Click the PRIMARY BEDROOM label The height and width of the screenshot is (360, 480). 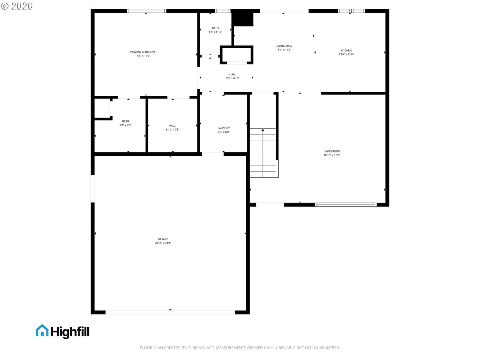click(x=142, y=52)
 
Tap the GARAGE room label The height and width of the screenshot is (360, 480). click(x=163, y=239)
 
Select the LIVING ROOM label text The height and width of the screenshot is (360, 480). click(x=332, y=151)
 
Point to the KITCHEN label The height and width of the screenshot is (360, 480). click(x=346, y=50)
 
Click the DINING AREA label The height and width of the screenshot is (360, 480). click(x=283, y=46)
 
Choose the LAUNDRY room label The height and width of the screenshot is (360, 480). click(x=223, y=128)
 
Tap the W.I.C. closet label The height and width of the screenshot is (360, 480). click(x=172, y=126)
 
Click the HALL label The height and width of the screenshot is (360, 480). click(x=232, y=74)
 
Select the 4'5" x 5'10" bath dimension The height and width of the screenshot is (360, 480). click(x=215, y=32)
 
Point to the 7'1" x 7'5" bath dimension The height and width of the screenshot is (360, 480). click(x=125, y=125)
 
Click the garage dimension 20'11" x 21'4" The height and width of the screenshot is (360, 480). click(x=163, y=243)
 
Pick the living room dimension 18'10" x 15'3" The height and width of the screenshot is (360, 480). click(x=332, y=155)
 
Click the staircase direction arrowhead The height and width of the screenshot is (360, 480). click(x=262, y=130)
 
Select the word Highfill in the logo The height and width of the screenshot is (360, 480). click(x=70, y=332)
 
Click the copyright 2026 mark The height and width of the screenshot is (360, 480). click(x=17, y=6)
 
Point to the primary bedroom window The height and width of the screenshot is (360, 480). click(x=146, y=11)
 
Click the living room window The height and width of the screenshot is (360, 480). click(x=346, y=205)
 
